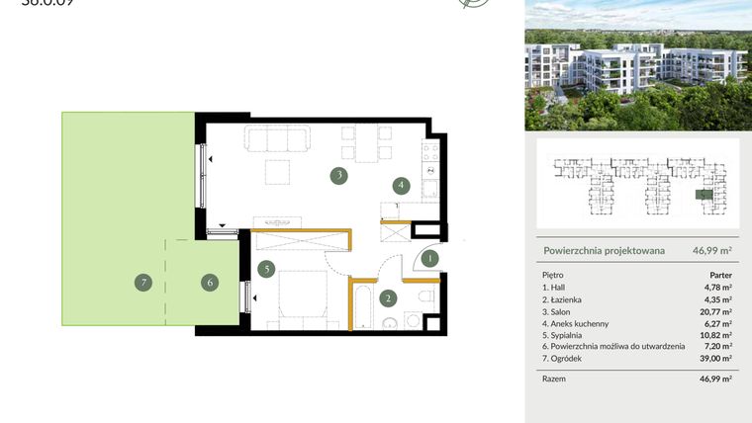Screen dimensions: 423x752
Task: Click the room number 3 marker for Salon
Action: click(x=339, y=176)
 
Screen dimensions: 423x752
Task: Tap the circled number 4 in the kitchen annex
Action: click(x=401, y=184)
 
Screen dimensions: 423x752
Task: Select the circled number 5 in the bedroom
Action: click(x=265, y=268)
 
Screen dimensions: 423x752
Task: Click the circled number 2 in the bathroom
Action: click(x=389, y=297)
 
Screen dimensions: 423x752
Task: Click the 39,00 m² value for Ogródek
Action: click(x=716, y=358)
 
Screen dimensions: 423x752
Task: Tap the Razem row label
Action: click(x=555, y=379)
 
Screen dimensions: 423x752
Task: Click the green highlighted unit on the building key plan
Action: click(x=702, y=195)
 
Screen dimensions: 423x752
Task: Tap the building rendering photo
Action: click(x=637, y=65)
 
